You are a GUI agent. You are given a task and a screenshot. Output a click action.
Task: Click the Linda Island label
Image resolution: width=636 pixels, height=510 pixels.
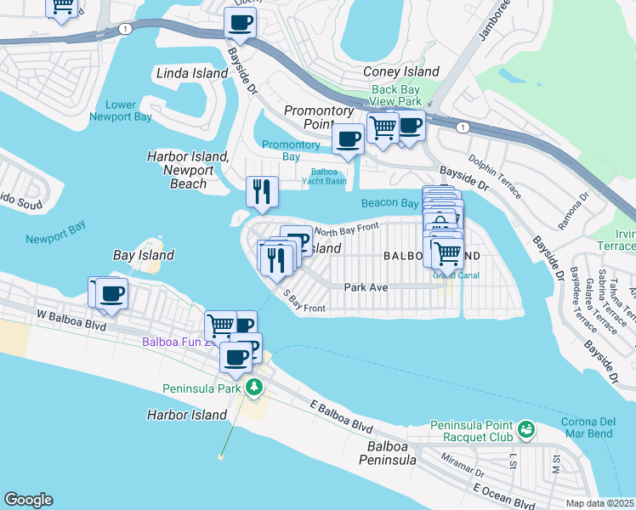tap(192, 73)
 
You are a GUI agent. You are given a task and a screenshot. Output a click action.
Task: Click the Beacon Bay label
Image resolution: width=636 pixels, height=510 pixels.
tap(389, 203)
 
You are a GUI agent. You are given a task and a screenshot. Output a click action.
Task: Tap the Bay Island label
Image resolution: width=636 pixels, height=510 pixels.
tap(144, 255)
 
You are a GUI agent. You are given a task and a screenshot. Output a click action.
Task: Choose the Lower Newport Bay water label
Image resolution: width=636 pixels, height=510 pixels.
tap(121, 111)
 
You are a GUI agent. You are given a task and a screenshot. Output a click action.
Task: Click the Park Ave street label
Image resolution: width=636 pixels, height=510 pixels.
tap(366, 287)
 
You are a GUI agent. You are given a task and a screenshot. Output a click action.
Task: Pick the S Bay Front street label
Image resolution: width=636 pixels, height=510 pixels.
tap(304, 302)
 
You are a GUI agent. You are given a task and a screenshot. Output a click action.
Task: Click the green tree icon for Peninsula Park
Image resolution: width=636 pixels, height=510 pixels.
tap(253, 388)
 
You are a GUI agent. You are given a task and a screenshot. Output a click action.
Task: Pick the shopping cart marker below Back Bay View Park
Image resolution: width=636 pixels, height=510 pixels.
tap(383, 127)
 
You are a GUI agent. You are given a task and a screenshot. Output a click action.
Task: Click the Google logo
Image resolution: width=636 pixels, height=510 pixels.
tap(28, 500)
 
